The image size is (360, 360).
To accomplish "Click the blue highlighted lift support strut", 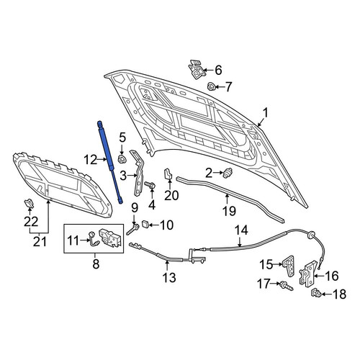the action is [109, 162].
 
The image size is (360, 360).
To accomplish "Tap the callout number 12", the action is [91, 160].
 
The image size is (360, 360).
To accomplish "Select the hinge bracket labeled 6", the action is [197, 70].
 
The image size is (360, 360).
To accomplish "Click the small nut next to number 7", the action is [211, 86].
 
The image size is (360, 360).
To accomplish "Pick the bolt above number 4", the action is [150, 185].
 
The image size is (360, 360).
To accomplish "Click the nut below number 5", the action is [122, 159].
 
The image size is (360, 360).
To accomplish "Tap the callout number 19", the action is [229, 211].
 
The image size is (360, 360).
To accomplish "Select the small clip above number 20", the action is [168, 174].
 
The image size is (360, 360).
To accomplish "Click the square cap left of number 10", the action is [145, 225].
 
